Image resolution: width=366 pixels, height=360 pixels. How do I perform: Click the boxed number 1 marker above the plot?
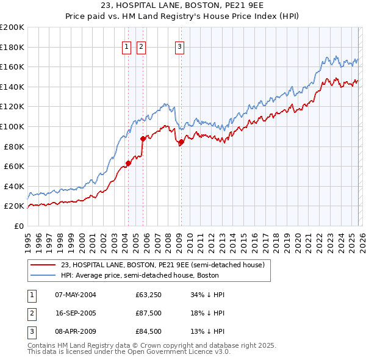pos(127,46)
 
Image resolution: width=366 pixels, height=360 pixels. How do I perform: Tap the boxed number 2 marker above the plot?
pos(141,46)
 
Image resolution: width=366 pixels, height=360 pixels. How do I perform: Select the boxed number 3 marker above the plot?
pos(181,46)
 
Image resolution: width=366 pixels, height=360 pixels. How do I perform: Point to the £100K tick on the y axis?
pos(12,126)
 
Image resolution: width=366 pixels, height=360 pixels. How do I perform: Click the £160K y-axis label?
pos(12,67)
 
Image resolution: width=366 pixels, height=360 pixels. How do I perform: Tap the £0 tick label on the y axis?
pos(20,226)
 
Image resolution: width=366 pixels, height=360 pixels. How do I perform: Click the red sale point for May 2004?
pos(128,163)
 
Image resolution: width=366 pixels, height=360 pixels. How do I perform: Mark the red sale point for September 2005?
pos(143,139)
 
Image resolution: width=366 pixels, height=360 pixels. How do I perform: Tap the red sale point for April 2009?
pos(181,142)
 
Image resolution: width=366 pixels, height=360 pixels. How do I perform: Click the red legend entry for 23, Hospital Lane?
pos(162,265)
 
